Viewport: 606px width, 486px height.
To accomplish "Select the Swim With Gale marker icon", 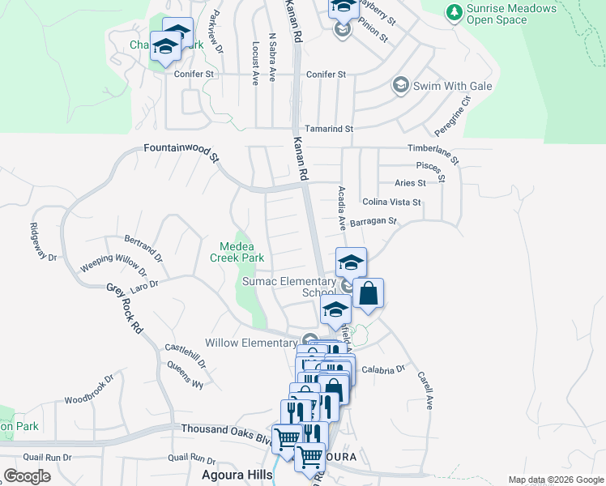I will click(x=399, y=85).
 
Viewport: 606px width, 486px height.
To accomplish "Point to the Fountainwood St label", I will click(x=181, y=151).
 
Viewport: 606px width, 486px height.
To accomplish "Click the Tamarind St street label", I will click(x=329, y=129).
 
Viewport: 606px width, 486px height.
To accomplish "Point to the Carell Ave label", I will click(x=425, y=390).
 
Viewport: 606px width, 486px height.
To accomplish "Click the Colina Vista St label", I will click(x=392, y=202).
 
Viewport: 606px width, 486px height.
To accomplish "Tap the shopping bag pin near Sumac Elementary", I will click(x=368, y=295).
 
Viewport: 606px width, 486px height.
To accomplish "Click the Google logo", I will click(x=27, y=475).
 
